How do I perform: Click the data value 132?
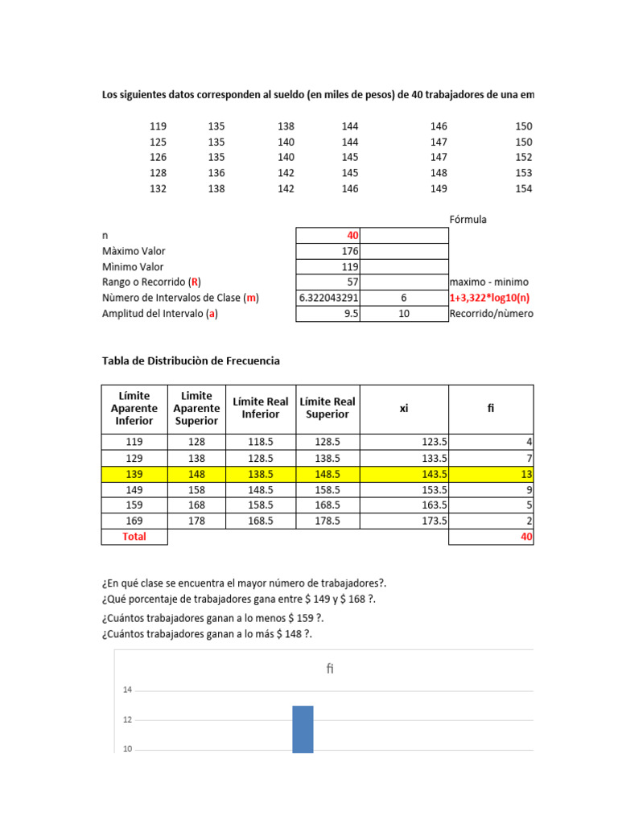pos(158,188)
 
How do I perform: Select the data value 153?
pos(523,173)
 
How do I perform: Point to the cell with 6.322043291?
pos(328,298)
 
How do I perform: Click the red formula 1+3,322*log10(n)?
pos(490,298)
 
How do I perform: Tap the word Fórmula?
pos(468,220)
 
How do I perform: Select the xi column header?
pos(403,409)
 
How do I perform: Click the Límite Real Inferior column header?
pos(261,408)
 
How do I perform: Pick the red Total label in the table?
pos(134,537)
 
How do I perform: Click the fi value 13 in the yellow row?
pos(526,475)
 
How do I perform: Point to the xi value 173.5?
pos(434,521)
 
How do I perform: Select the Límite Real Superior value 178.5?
pos(327,521)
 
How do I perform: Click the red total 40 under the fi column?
pos(526,537)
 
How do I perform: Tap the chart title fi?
pos(330,669)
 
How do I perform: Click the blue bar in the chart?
pos(303,729)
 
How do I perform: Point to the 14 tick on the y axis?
pos(127,690)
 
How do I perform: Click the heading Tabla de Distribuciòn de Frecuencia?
pos(191,360)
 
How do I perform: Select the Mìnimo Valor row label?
pos(133,266)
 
